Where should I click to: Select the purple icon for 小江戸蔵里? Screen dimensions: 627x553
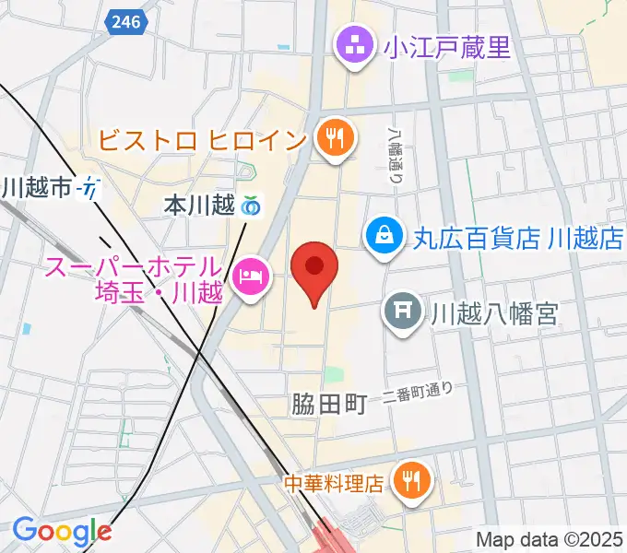pos(354,43)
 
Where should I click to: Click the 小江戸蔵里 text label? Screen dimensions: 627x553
pos(448,45)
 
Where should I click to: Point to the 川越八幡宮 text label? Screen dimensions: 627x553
pos(495,314)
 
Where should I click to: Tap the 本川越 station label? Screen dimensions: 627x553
pos(199,206)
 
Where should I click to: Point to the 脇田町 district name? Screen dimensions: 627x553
pos(329,403)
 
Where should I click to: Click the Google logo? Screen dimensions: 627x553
pos(61,531)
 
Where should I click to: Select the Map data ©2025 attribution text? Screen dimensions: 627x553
pos(549,538)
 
